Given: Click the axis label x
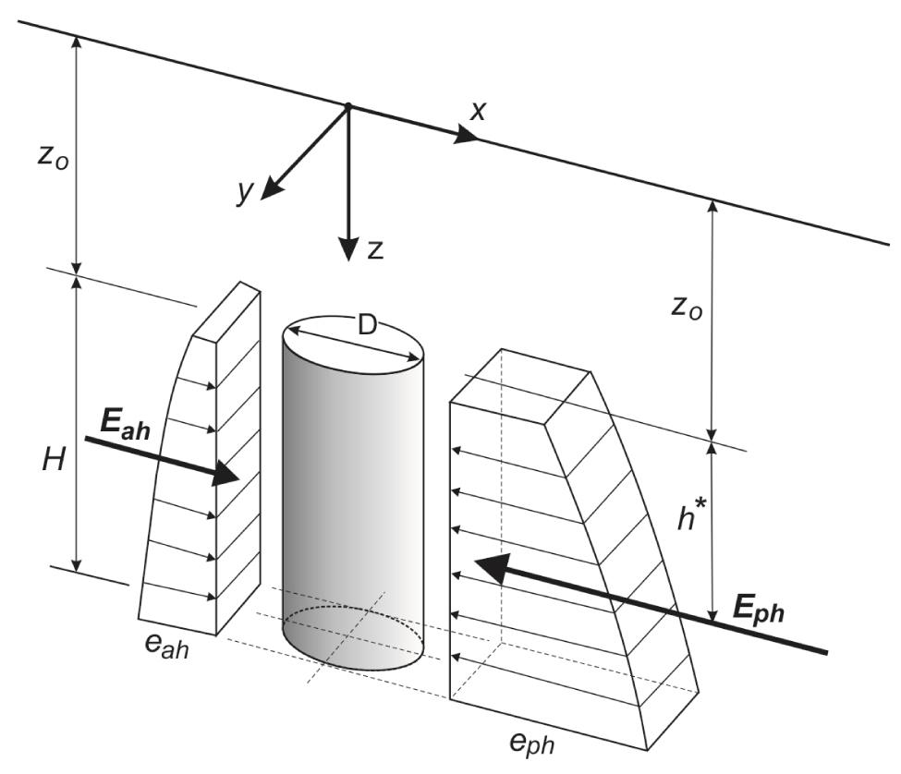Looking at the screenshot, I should (478, 112).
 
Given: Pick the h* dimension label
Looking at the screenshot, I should (690, 519).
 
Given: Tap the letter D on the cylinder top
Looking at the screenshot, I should (369, 325).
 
